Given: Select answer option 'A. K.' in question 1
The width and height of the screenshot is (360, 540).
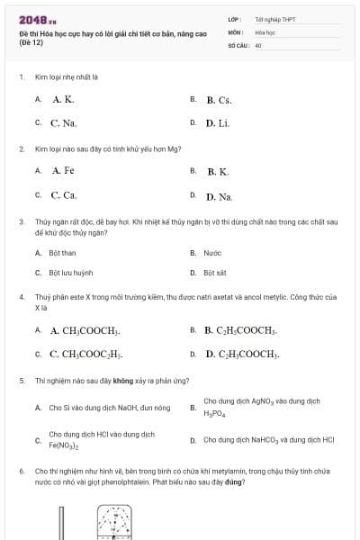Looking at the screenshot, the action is click(63, 100).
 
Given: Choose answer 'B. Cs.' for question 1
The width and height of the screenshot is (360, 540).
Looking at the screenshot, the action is click(219, 101).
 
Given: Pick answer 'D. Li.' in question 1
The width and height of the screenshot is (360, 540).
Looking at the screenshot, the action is click(217, 123).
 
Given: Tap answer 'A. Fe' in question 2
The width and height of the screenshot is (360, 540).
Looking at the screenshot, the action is click(63, 170).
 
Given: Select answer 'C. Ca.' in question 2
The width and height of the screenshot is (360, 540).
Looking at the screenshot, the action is click(64, 194).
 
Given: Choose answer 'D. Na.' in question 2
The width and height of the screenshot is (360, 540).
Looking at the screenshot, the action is click(219, 195).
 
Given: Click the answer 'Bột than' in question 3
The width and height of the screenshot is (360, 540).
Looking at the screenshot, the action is click(62, 253).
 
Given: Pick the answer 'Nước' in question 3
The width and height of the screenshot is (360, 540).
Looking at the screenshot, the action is click(212, 253).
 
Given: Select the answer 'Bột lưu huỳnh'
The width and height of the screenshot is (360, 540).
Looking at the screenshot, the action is click(71, 272).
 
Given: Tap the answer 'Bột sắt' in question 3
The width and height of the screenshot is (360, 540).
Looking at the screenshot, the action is click(215, 272).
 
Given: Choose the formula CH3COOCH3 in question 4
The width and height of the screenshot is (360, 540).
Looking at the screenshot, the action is click(85, 331).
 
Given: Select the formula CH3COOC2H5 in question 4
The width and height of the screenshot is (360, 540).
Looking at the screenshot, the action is click(86, 354).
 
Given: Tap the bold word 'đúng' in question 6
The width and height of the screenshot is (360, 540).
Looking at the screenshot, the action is click(236, 481).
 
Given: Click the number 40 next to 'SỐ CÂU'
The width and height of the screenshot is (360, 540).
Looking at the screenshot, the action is click(258, 44).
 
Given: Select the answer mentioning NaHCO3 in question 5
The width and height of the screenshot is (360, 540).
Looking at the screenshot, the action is click(269, 440).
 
